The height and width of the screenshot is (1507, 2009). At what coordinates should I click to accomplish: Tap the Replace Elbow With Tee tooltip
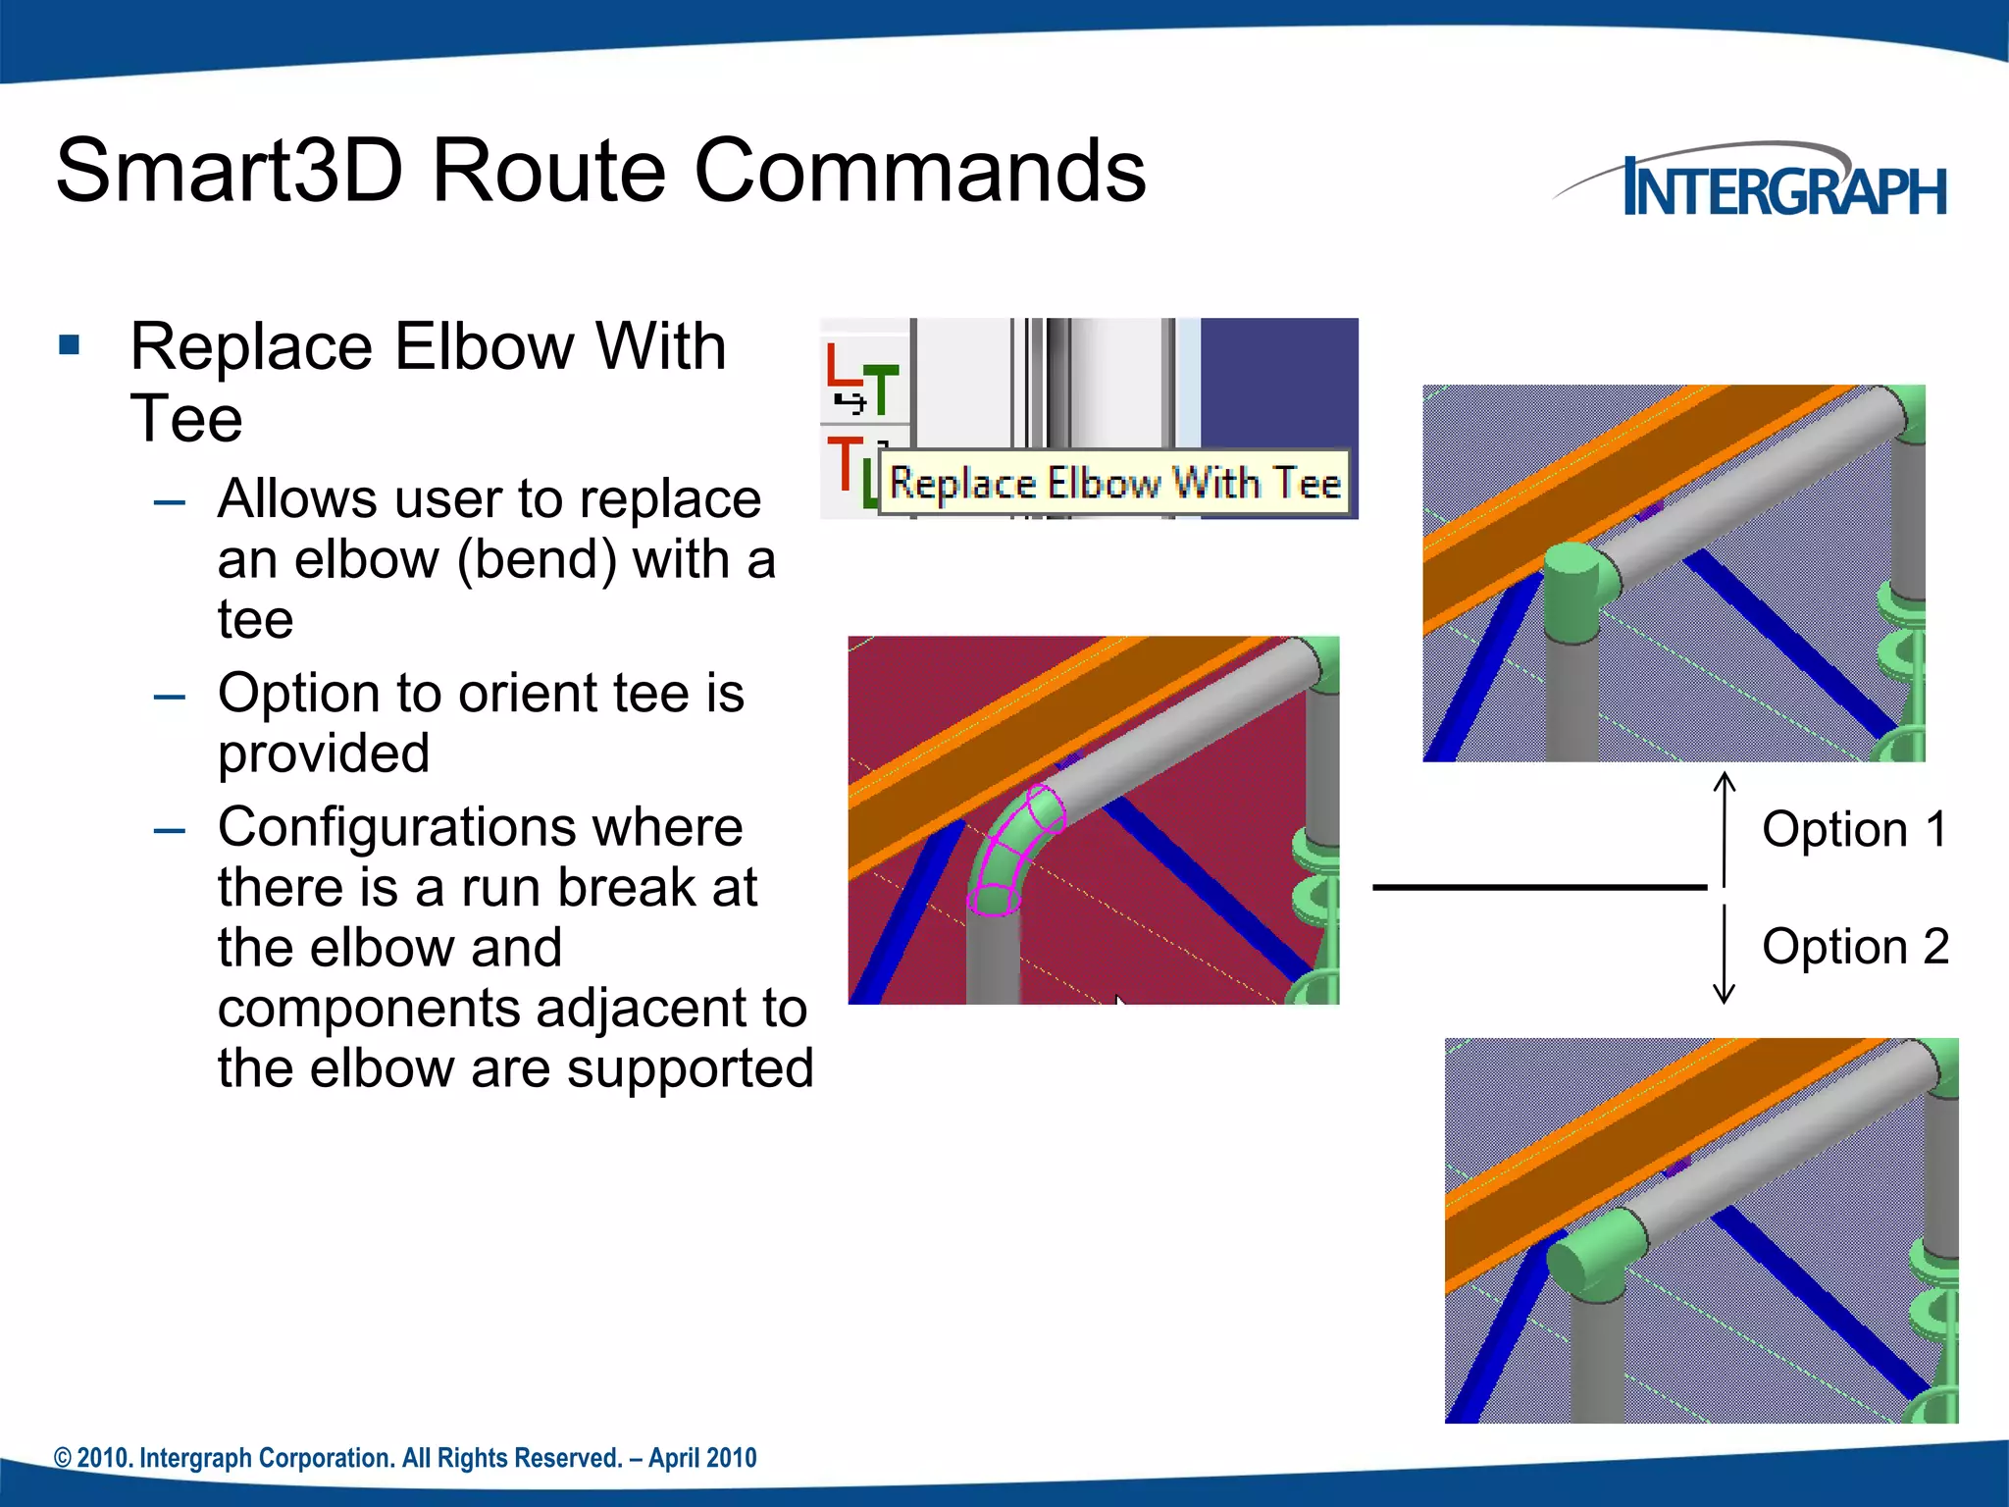1113,483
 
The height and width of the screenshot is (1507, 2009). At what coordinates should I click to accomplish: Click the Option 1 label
1853,830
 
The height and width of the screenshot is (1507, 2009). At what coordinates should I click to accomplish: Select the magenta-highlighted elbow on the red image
1015,850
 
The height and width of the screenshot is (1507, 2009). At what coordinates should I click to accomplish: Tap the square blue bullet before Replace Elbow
69,345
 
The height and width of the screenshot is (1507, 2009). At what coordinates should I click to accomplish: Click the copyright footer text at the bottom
405,1458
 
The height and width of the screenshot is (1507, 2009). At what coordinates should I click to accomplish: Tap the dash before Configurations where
170,830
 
